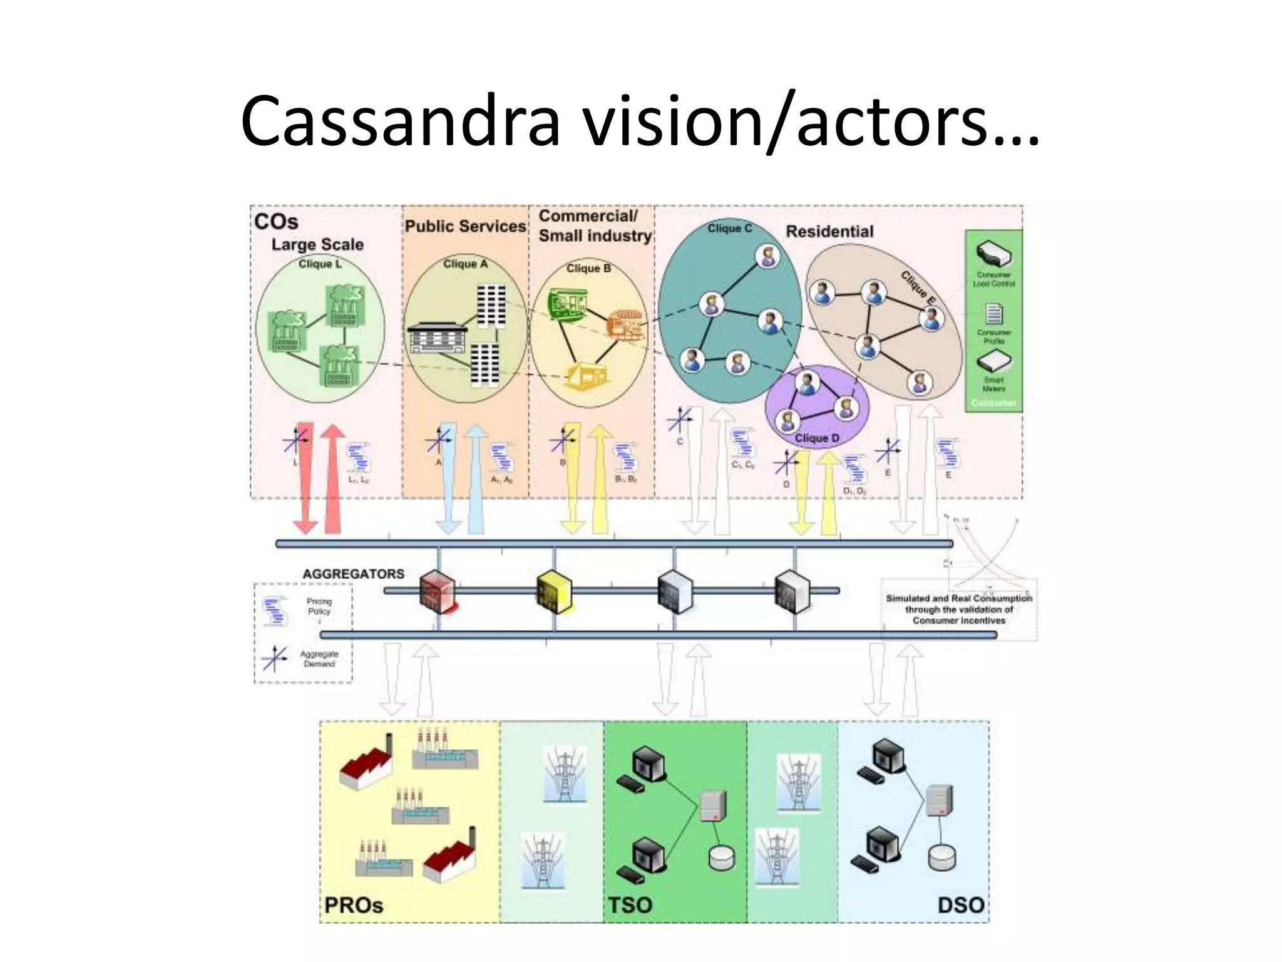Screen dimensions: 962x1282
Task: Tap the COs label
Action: pos(276,222)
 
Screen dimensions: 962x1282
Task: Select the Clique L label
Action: pos(320,264)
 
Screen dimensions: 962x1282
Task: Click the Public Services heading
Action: pos(465,226)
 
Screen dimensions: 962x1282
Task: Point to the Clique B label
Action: pos(588,269)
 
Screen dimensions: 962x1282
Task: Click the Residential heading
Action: pos(829,231)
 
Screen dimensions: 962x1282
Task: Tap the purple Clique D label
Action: pos(816,438)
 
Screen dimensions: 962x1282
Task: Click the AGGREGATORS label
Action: pos(353,574)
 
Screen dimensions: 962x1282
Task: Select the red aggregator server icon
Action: pos(437,591)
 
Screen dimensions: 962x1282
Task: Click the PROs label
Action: pos(354,905)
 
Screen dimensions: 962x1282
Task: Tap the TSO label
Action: pos(630,905)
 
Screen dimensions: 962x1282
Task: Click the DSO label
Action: pos(960,905)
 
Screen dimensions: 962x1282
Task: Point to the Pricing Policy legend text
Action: pos(319,606)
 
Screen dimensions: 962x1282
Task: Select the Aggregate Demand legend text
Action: pos(319,659)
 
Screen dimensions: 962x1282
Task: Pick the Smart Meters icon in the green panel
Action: pos(993,361)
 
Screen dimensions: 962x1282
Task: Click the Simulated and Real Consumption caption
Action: pos(958,609)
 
